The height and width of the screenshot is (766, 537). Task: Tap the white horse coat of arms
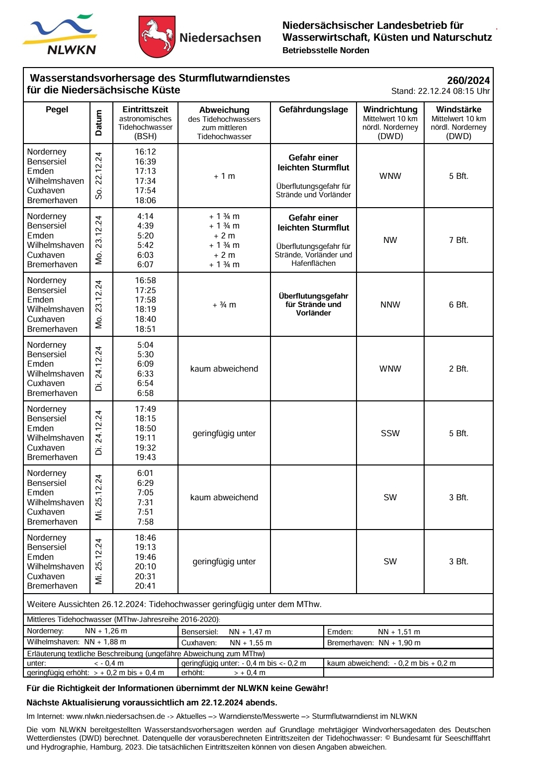coord(157,36)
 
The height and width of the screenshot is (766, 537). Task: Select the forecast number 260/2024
coord(468,80)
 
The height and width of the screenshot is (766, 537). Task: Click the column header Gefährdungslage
coord(313,110)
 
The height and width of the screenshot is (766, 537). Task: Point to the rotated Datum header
coord(99,123)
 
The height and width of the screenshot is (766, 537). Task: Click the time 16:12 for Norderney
coord(145,152)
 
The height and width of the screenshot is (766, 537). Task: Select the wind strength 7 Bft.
coord(458,240)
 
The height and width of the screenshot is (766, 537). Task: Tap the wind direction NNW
coord(390,305)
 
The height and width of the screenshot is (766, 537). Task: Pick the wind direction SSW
coord(390,433)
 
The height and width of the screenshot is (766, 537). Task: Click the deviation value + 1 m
coord(224,176)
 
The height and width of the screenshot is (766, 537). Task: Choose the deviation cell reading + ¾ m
coord(224,305)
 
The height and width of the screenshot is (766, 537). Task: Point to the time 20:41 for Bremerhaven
coord(145,586)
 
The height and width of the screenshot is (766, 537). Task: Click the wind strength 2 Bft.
coord(458,369)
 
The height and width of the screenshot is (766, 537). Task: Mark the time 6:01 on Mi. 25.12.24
coord(145,473)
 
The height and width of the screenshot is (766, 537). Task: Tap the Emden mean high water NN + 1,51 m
coord(399,632)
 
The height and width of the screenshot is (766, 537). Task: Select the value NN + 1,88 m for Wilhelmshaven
coord(105,642)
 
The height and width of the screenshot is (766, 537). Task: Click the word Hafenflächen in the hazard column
coord(313,263)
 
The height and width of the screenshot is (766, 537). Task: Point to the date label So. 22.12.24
coord(99,175)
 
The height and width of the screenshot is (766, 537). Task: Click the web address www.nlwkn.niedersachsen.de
coord(115,716)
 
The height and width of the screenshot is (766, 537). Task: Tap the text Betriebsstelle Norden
coord(326,50)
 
